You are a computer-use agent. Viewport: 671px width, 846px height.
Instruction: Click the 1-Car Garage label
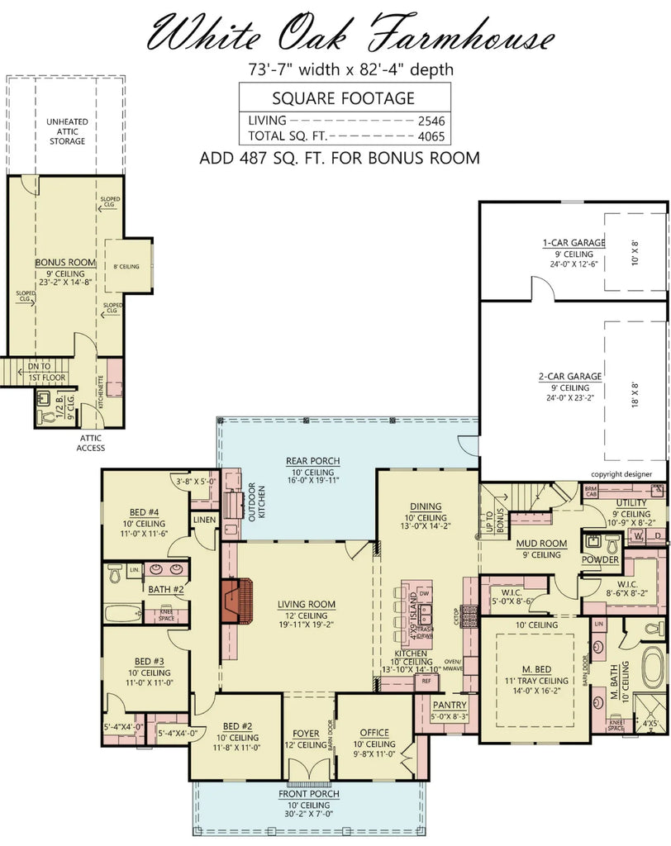pos(573,243)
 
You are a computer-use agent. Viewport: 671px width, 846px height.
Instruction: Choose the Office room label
pos(374,733)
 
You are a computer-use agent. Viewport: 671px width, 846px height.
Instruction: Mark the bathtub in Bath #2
pos(122,613)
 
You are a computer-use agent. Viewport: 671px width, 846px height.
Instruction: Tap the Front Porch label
pos(308,794)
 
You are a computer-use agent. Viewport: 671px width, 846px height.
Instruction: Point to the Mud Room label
pos(540,544)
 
